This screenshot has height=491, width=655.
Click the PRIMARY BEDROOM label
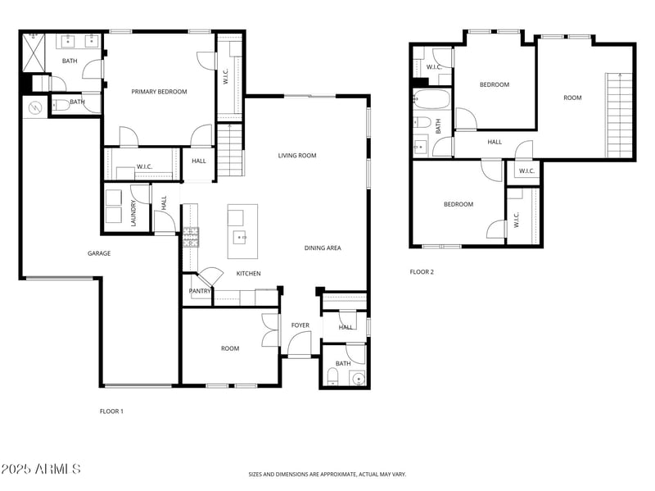159,92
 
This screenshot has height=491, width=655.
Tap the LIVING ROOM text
296,156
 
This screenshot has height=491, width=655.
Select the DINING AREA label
323,248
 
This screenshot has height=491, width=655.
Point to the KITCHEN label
248,274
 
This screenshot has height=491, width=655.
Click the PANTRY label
200,291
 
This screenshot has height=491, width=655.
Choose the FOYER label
300,325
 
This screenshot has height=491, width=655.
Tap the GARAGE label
99,253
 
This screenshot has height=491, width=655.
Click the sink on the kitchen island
241,238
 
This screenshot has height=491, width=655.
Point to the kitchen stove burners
191,237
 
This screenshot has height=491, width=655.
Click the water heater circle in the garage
35,107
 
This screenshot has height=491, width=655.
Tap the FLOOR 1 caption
111,411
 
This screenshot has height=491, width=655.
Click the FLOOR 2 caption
422,271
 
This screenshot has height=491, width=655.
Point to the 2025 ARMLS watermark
41,470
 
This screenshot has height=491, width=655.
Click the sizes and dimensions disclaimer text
327,474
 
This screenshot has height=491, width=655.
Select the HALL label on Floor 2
495,142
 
